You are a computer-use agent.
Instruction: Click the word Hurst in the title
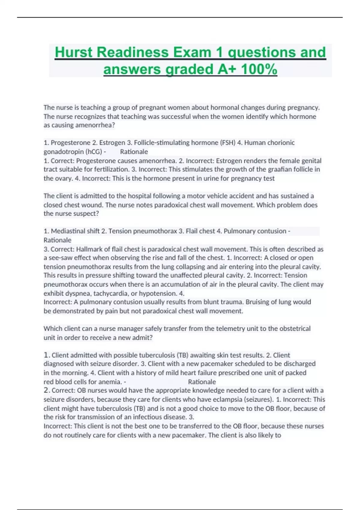point(74,52)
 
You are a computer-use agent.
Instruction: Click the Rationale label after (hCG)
point(134,151)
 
